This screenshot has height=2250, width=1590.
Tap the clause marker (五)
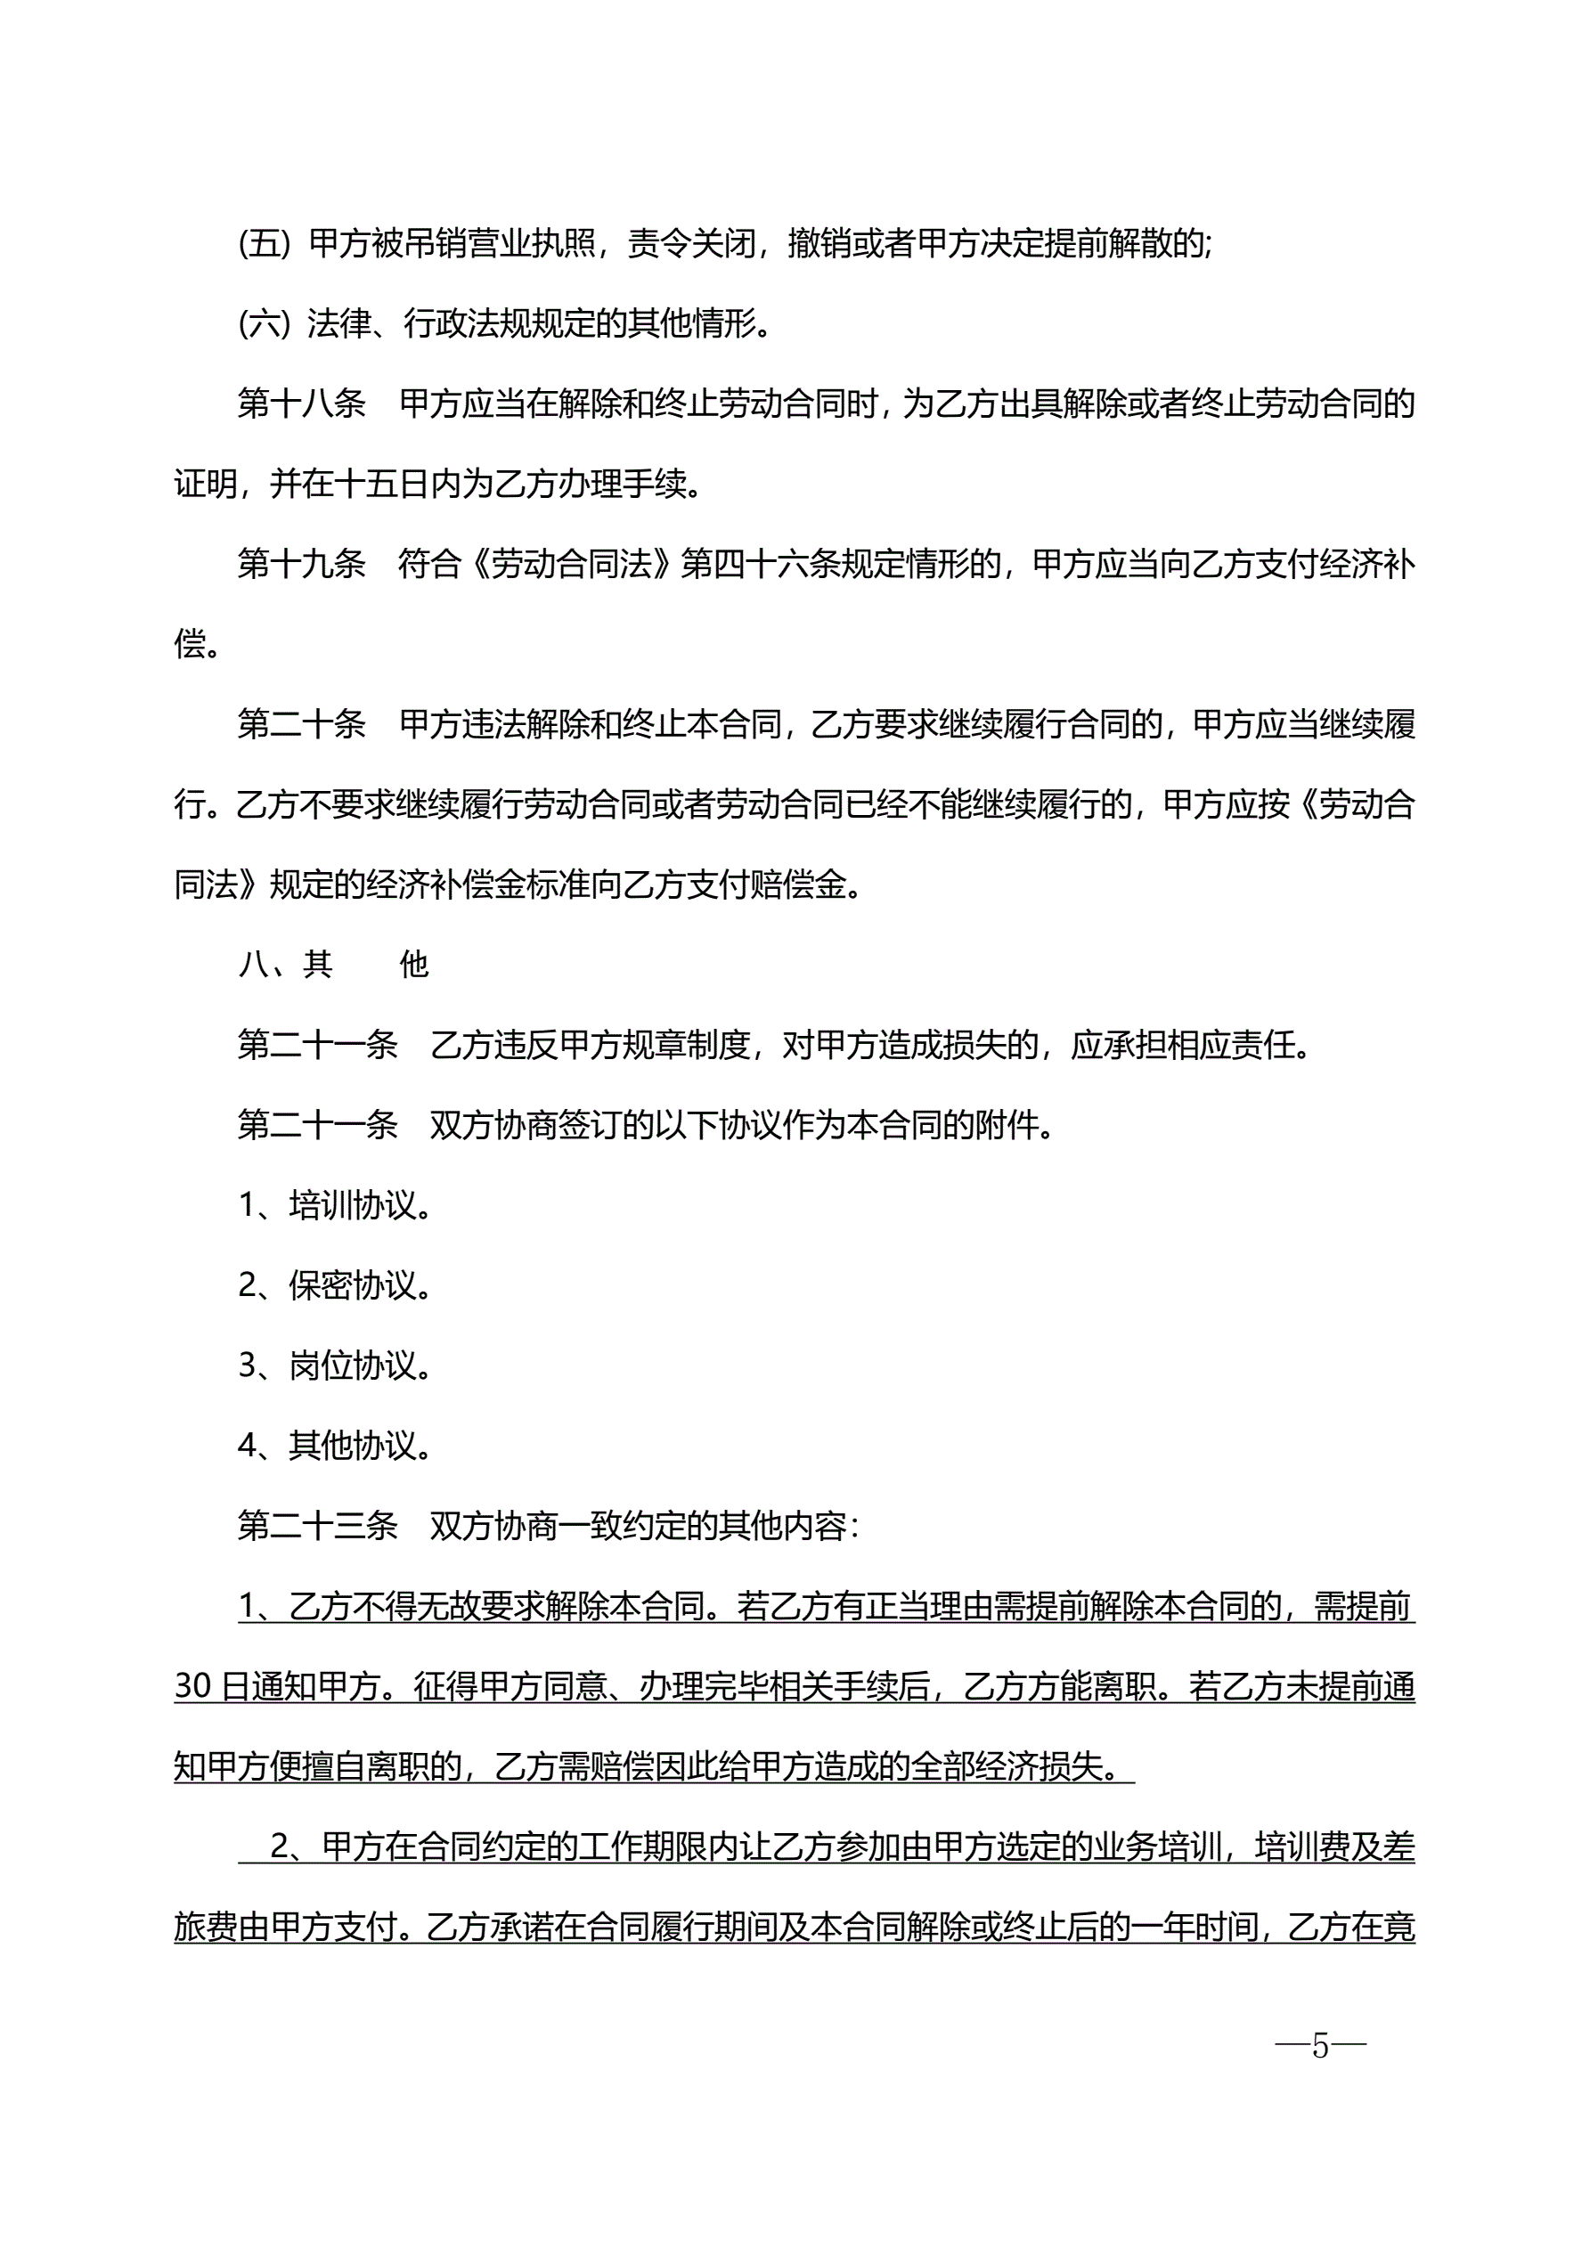coord(265,243)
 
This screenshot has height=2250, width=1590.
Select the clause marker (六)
coord(265,323)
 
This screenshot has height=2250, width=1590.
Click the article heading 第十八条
coord(301,404)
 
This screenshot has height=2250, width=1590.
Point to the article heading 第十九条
coord(301,565)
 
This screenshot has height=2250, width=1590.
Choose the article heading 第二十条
coord(301,725)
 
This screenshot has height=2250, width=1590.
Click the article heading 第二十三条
coord(318,1526)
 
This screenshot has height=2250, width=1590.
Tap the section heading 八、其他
coord(333,966)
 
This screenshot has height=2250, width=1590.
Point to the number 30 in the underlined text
coord(193,1686)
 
